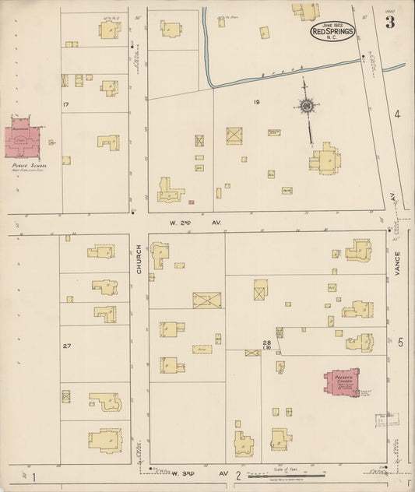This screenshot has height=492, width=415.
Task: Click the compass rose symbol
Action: [307, 107]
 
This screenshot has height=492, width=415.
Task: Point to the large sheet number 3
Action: [389, 23]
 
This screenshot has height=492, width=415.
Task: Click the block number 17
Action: [68, 104]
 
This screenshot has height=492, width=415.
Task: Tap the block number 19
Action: [255, 102]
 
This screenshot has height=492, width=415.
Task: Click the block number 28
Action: [266, 343]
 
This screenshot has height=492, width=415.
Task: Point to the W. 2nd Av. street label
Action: [195, 223]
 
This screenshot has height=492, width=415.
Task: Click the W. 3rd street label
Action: [187, 473]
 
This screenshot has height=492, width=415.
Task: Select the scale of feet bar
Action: [289, 475]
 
